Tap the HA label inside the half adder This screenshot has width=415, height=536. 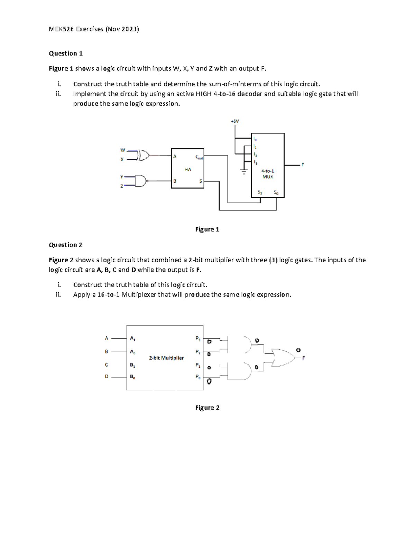coord(188,169)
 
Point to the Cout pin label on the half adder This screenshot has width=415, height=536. coord(199,157)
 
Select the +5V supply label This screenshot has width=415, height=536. coord(235,121)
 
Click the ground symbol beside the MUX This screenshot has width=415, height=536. coord(244,172)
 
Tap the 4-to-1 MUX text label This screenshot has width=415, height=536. coord(268,174)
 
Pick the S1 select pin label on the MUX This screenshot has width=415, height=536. coord(260,192)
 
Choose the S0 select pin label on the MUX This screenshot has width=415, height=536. coord(276,192)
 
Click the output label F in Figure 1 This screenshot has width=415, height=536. coord(303,165)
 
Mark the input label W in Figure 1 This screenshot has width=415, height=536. coord(122,150)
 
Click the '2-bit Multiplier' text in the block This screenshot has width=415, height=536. coord(166,358)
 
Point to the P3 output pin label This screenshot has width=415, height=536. coord(198,338)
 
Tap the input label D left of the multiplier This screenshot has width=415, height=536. coord(107,377)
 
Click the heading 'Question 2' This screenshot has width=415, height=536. coord(65,245)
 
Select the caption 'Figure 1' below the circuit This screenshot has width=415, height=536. coord(207,230)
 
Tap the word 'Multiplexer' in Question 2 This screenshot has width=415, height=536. coord(139,295)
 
